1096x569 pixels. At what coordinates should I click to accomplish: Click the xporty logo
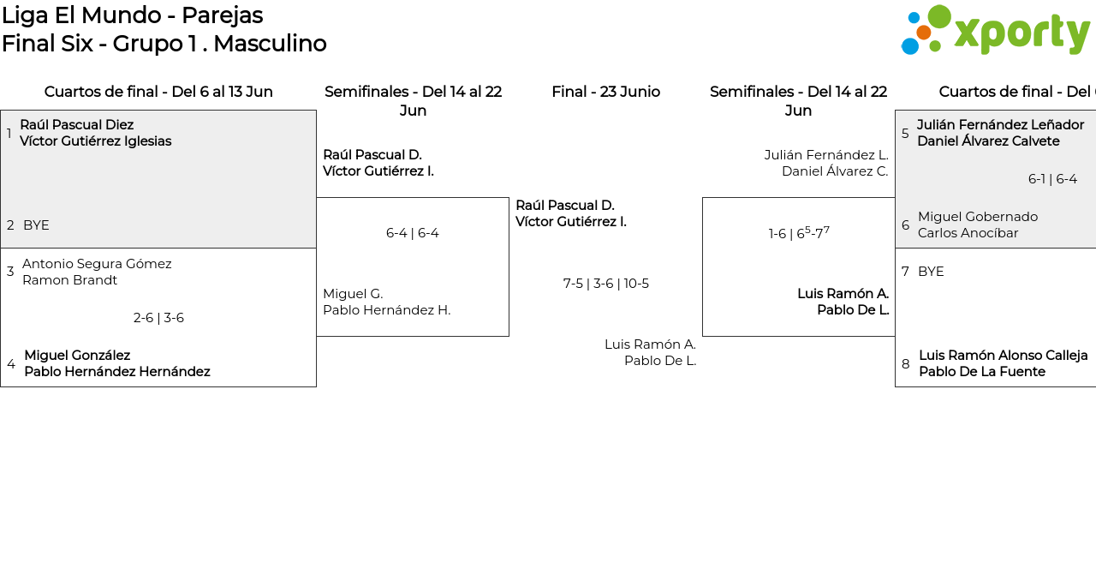pos(995,30)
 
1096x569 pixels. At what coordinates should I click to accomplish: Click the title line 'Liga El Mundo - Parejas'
pos(132,15)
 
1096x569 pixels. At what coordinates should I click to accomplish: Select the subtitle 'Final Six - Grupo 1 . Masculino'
pos(164,44)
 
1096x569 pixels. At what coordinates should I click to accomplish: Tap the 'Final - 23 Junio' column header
pos(605,92)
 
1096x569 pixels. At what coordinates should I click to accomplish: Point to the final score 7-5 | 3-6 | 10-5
pos(605,284)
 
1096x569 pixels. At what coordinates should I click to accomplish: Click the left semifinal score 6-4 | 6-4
pos(412,233)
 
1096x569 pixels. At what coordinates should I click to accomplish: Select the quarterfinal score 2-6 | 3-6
pos(158,318)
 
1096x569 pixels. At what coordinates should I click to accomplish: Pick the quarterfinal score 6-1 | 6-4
pos(1052,179)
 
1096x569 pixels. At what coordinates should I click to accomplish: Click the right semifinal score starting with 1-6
pos(798,233)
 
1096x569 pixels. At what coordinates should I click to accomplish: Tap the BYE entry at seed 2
pos(36,225)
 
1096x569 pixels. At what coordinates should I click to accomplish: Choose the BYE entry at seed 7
pos(931,272)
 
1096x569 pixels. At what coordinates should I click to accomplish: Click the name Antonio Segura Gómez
pos(97,264)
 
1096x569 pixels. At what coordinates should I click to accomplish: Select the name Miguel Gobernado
pos(977,217)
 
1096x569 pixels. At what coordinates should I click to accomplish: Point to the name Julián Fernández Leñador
pos(1000,125)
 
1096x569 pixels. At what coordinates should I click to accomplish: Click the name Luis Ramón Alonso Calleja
pos(1003,356)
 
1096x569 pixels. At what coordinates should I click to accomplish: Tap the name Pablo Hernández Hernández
pos(116,372)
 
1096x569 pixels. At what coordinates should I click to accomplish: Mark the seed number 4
pos(11,364)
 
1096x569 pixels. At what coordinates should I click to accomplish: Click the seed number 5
pos(905,134)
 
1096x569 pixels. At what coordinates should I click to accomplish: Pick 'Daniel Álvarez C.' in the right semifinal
pos(834,171)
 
